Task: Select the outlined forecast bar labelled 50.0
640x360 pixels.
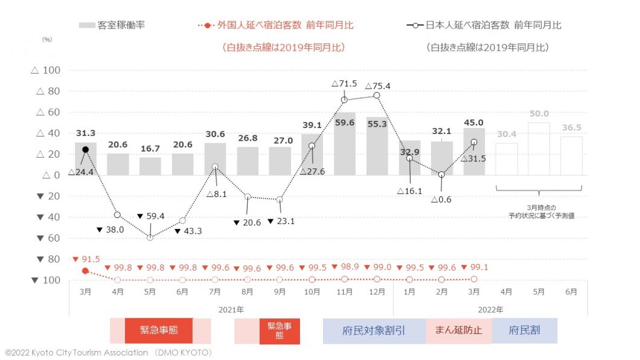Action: point(539,149)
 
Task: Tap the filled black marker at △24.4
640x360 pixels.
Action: point(86,149)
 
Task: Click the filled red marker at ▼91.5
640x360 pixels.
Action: point(86,271)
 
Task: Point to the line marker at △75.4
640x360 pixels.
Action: point(377,95)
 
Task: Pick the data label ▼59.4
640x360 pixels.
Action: point(151,216)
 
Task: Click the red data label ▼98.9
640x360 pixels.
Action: point(345,266)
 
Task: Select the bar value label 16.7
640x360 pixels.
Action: point(150,148)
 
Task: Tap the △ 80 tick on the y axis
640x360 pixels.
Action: point(45,91)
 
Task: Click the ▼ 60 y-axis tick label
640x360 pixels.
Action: point(45,238)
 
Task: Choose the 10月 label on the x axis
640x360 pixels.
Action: point(312,291)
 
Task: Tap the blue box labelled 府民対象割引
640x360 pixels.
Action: point(374,331)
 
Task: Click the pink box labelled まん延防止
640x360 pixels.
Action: point(459,331)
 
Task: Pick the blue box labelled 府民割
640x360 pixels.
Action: point(524,331)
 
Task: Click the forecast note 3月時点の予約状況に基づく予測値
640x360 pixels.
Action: point(540,211)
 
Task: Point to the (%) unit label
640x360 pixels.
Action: point(47,39)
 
